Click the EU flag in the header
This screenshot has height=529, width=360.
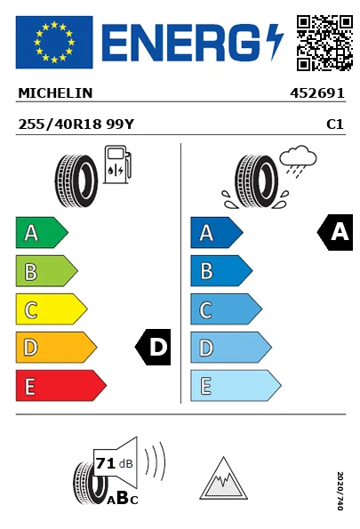54,42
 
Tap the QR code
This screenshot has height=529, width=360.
324,43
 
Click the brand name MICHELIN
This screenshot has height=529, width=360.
55,93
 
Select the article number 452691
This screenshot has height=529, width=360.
317,93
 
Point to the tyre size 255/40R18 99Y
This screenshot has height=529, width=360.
76,124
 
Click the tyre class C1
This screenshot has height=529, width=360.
335,124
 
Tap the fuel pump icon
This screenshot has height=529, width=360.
117,164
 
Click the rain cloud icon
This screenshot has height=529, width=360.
299,161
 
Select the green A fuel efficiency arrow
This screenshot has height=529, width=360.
42,233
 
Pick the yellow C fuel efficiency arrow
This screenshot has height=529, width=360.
52,309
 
